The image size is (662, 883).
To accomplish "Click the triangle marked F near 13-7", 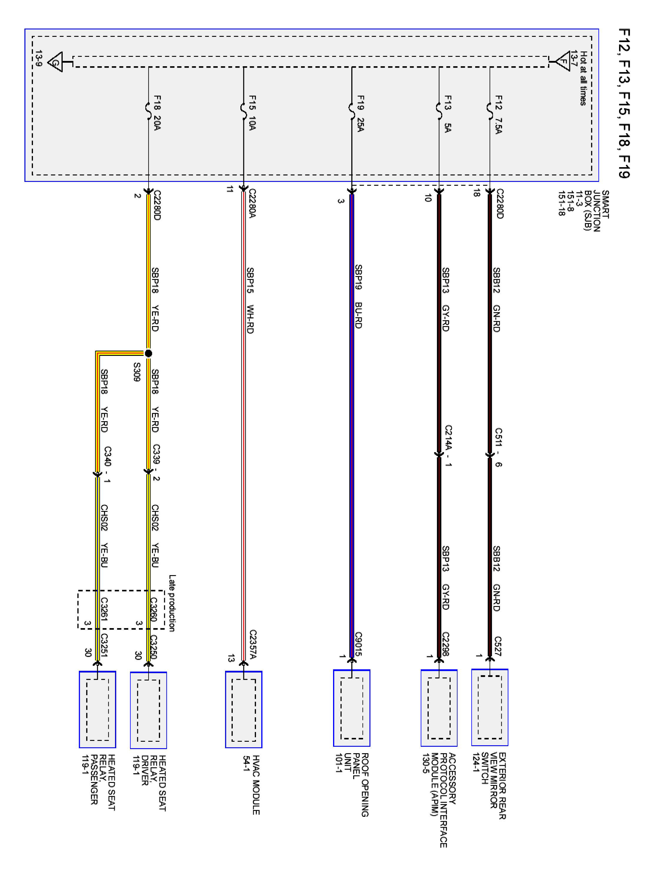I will [563, 62].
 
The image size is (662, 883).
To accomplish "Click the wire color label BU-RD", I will [358, 315].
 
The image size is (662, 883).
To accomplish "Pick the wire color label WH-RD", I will [250, 319].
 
